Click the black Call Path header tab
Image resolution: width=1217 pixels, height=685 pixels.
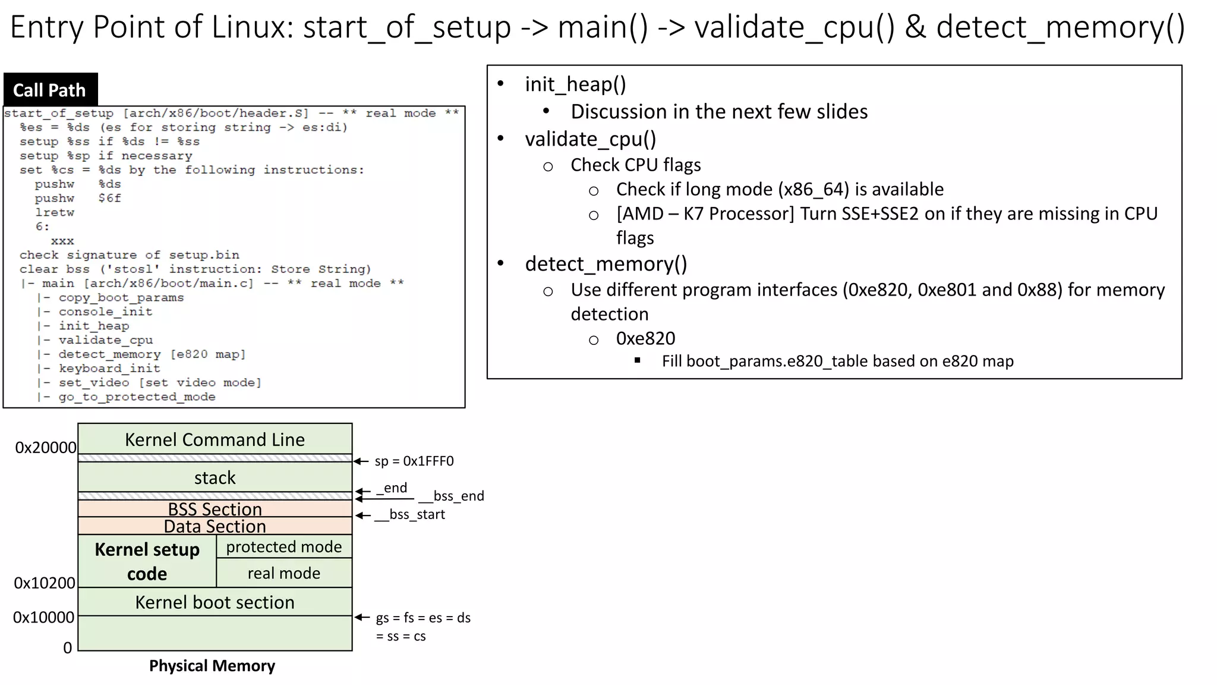(x=50, y=90)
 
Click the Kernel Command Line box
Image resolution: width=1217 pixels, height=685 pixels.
(x=215, y=439)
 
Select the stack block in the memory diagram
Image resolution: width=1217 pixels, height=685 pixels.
(x=215, y=477)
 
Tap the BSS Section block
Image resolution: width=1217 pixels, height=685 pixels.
(x=215, y=509)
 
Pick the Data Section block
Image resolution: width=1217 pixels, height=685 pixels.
(x=215, y=526)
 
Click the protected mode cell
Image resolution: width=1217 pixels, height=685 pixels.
(x=284, y=546)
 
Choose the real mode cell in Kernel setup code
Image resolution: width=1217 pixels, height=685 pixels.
(x=284, y=573)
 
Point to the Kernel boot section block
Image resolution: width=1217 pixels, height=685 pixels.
(x=215, y=602)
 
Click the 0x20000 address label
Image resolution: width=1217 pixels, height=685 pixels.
(x=46, y=448)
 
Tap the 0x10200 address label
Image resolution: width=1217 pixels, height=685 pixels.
(x=45, y=583)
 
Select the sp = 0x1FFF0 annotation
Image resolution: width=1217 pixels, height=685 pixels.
(x=414, y=461)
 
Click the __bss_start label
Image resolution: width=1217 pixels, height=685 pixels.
(x=410, y=514)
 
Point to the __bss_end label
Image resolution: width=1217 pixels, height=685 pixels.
(x=452, y=496)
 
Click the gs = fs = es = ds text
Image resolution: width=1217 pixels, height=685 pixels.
(x=423, y=618)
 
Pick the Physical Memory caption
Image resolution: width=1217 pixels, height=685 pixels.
(x=212, y=666)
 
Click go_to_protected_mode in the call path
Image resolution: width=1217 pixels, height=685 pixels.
(x=137, y=397)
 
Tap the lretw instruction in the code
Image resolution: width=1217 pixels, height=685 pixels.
(x=54, y=212)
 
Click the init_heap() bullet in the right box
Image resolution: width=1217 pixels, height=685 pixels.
(x=575, y=84)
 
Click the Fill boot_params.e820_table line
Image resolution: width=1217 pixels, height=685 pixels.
(x=837, y=361)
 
